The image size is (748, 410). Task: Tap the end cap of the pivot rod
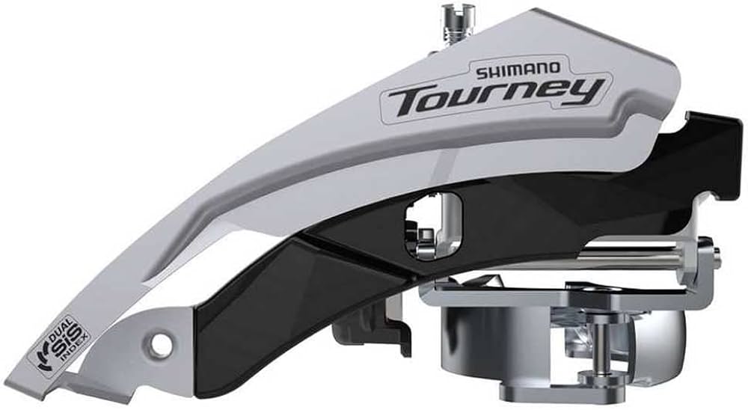716,254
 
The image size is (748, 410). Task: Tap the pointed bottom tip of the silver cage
67,381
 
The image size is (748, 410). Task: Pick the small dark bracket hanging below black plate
367,329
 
